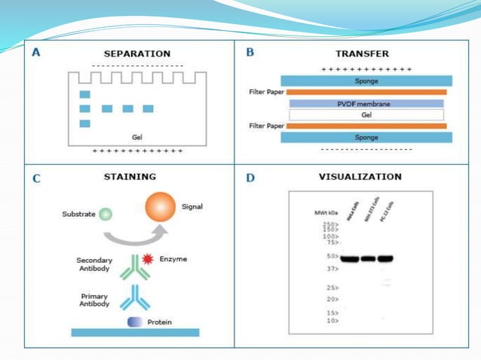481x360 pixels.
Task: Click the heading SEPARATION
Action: (x=136, y=53)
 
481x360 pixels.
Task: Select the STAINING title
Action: (x=130, y=177)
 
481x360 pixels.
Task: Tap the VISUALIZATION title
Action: (x=360, y=177)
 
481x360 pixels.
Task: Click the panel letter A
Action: (x=36, y=53)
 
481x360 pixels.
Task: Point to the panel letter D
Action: (x=251, y=178)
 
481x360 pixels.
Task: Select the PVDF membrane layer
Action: (x=365, y=104)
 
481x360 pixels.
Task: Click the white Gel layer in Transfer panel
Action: (x=366, y=115)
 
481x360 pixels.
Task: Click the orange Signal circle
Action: (x=160, y=207)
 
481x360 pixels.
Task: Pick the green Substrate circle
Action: (x=106, y=215)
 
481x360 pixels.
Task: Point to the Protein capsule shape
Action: (x=135, y=322)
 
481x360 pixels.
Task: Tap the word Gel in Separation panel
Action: (x=136, y=138)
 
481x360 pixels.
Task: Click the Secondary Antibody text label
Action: (x=94, y=264)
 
